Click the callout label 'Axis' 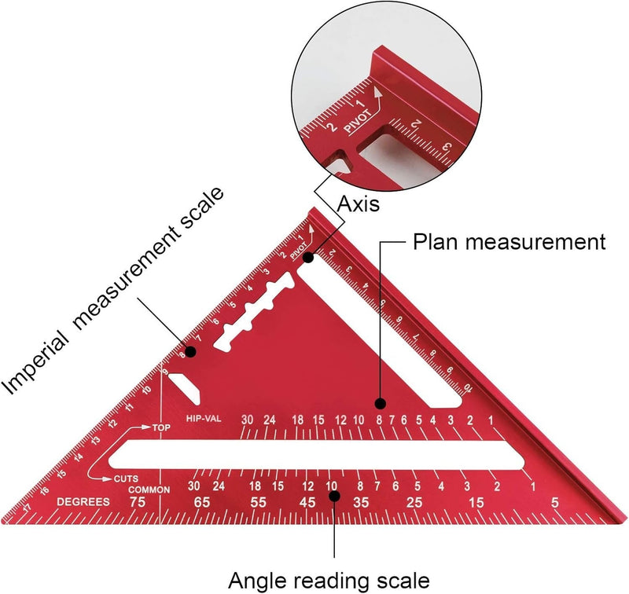tap(359, 205)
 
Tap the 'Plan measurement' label tap(509, 242)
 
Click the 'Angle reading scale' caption tap(329, 580)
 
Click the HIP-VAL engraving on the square tap(203, 420)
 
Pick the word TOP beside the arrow tap(161, 428)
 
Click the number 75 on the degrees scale tap(138, 502)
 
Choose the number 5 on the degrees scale tap(555, 502)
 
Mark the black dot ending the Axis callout tap(310, 257)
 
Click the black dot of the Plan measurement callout tap(381, 404)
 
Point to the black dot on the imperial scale tap(189, 351)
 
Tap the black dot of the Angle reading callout tap(334, 496)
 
